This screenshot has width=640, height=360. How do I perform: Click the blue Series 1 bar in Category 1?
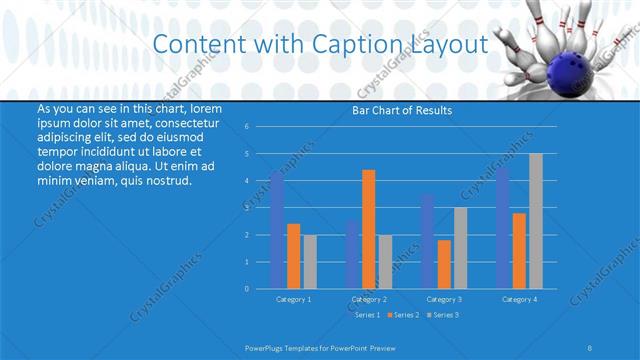277,230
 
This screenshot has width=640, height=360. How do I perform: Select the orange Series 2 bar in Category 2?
369,229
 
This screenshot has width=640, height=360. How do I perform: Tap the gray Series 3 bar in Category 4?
536,221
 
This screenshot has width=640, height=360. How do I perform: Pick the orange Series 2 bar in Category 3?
444,264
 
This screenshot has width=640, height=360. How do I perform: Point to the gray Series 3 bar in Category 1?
310,261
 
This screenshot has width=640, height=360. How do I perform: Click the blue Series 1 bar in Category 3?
428,241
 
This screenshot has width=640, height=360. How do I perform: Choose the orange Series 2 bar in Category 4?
519,250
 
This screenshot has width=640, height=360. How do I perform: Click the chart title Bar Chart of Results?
402,110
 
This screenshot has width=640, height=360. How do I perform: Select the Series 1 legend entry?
367,315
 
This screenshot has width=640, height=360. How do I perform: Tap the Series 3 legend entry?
443,315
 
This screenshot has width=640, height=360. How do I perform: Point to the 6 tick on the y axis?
261,126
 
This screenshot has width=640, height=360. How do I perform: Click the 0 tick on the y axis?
261,288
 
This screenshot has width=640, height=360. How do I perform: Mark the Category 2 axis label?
369,299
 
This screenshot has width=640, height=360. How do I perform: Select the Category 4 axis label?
519,299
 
